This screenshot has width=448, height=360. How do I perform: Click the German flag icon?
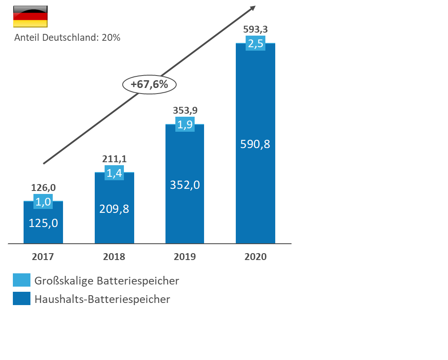pyautogui.click(x=30, y=17)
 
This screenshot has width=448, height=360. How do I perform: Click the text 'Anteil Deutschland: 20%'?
pyautogui.click(x=67, y=38)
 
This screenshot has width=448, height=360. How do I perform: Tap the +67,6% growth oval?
pyautogui.click(x=149, y=85)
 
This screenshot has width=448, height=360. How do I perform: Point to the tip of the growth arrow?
pyautogui.click(x=255, y=6)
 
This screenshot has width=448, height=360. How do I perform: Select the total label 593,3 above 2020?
pyautogui.click(x=256, y=30)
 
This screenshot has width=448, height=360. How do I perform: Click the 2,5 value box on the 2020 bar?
pyautogui.click(x=256, y=43)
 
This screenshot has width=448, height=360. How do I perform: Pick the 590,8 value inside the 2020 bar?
pyautogui.click(x=256, y=144)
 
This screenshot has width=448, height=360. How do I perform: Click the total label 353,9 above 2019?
pyautogui.click(x=185, y=110)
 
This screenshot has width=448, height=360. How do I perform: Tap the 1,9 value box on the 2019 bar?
pyautogui.click(x=185, y=124)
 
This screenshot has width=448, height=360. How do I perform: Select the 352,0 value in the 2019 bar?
pyautogui.click(x=185, y=185)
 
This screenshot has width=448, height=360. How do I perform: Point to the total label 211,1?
pyautogui.click(x=114, y=159)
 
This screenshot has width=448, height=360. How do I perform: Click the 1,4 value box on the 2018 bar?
pyautogui.click(x=114, y=173)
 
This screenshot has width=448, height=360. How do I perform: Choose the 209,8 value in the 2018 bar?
pyautogui.click(x=114, y=209)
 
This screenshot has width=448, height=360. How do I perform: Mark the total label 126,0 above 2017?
pyautogui.click(x=43, y=188)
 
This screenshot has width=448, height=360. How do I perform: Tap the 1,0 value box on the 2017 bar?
pyautogui.click(x=43, y=201)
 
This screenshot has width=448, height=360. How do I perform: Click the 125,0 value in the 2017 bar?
pyautogui.click(x=43, y=223)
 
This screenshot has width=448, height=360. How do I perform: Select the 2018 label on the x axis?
pyautogui.click(x=114, y=257)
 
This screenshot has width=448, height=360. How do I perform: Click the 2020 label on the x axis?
pyautogui.click(x=256, y=257)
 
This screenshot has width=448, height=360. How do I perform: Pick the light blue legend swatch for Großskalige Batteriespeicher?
pyautogui.click(x=21, y=280)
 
